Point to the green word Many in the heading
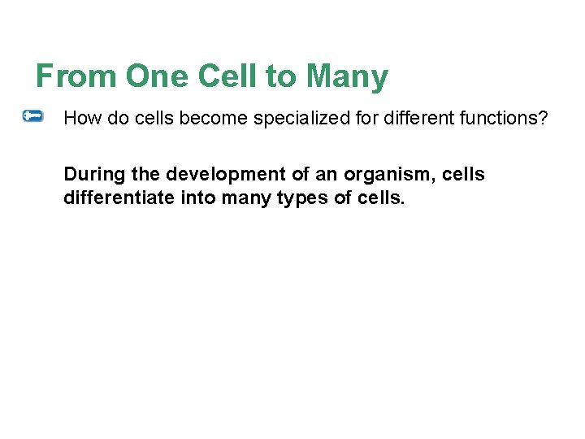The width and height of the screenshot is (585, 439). pyautogui.click(x=347, y=77)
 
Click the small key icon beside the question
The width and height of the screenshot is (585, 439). pyautogui.click(x=33, y=117)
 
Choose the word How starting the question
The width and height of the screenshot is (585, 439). pyautogui.click(x=79, y=118)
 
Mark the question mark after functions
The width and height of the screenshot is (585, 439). pyautogui.click(x=544, y=118)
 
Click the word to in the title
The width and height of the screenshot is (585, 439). pyautogui.click(x=282, y=77)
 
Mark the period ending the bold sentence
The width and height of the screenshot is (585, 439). pyautogui.click(x=401, y=202)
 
